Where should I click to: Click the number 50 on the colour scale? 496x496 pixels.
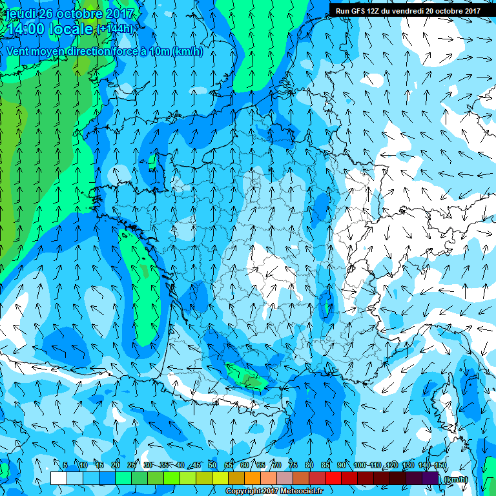[212, 465]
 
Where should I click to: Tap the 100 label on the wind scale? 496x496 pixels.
[360, 465]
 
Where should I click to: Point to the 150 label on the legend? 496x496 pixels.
[440, 465]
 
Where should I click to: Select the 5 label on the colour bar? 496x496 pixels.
[65, 465]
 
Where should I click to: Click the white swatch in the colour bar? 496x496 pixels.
[59, 479]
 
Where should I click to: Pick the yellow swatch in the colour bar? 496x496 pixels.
[220, 479]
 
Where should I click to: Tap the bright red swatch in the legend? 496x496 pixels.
[333, 479]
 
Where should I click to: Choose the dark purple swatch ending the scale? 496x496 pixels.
[430, 479]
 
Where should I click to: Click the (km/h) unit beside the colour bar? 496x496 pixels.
[457, 479]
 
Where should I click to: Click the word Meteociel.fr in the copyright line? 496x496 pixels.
[301, 491]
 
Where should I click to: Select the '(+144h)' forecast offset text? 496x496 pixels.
[116, 29]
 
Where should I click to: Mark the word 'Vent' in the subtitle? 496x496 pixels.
[17, 51]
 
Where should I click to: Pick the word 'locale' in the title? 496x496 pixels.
[72, 28]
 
